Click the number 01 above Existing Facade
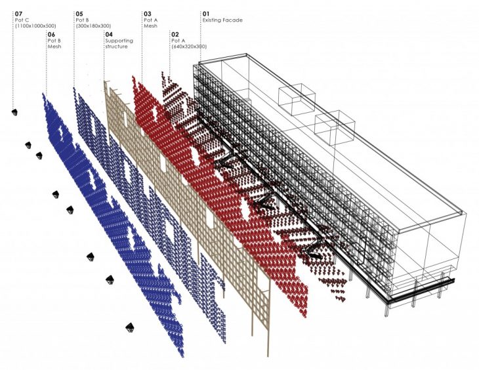pos(206,13)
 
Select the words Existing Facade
pos(222,20)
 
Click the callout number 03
pos(148,13)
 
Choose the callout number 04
pos(109,33)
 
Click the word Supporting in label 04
pos(119,41)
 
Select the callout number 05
pos(79,13)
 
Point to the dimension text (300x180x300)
pos(94,27)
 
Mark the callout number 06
pos(52,33)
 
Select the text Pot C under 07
pos(22,20)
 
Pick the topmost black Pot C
pos(14,112)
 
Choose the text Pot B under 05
pos(83,20)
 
